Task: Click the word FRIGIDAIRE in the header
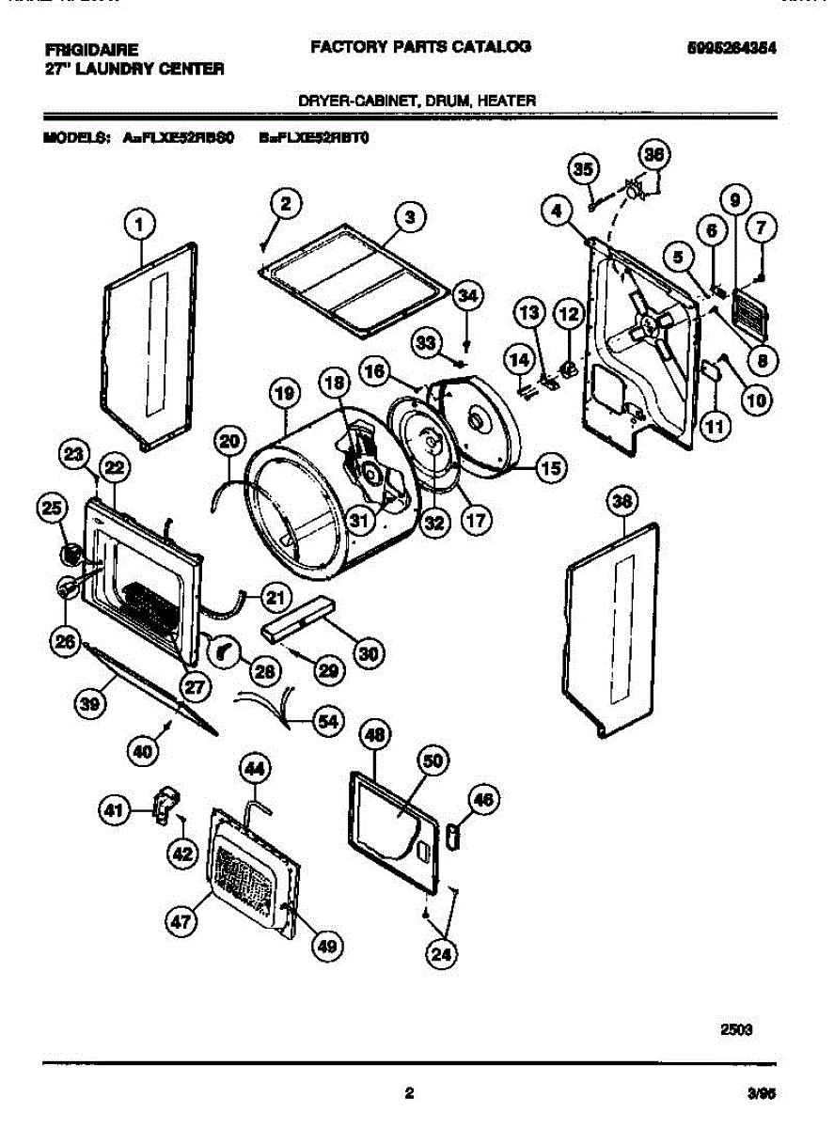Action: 91,48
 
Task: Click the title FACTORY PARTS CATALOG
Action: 420,46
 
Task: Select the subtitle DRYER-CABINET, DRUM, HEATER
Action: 417,100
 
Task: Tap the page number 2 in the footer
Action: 408,1092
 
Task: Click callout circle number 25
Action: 53,509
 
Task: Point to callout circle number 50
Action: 432,763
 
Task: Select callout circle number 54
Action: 326,721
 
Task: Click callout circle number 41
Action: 114,808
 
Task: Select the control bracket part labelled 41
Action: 163,805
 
